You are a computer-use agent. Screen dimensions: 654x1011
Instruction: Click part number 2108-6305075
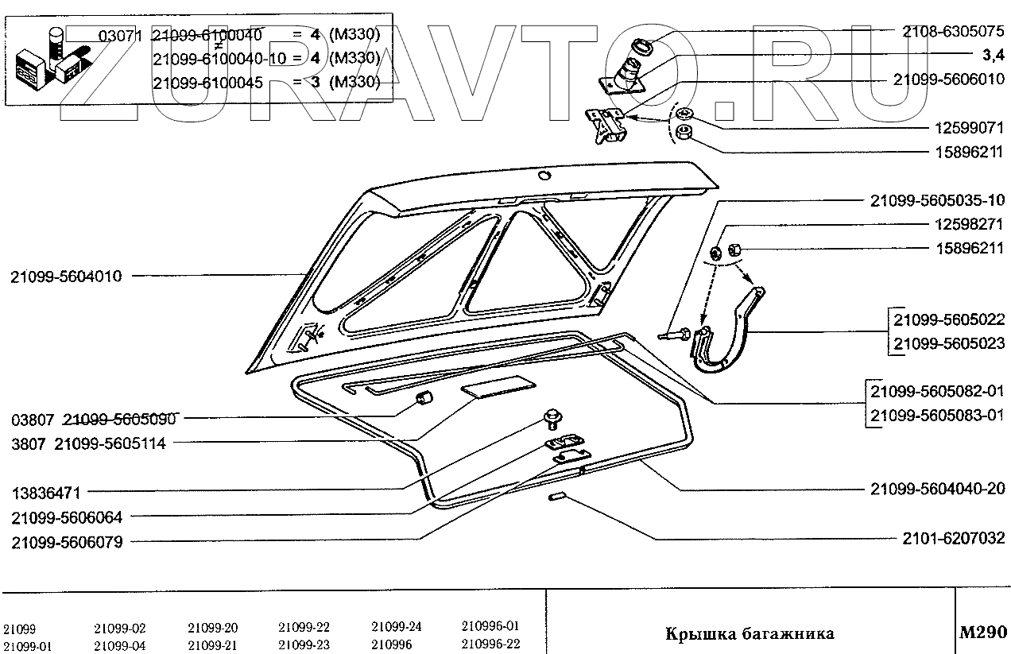point(953,32)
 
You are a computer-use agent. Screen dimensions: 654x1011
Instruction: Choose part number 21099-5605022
point(949,321)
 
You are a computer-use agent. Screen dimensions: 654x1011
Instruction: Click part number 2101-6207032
point(953,539)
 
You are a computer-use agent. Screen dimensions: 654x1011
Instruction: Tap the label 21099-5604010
point(67,277)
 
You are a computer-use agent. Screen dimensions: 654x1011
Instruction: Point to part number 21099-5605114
point(110,444)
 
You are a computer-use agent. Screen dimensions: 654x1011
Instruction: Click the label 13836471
point(45,493)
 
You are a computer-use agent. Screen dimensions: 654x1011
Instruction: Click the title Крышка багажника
point(749,633)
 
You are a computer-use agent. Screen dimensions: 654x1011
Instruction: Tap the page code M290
point(983,633)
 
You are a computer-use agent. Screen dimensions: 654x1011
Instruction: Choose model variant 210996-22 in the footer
point(490,644)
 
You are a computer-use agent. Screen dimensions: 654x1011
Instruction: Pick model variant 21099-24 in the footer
point(397,626)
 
